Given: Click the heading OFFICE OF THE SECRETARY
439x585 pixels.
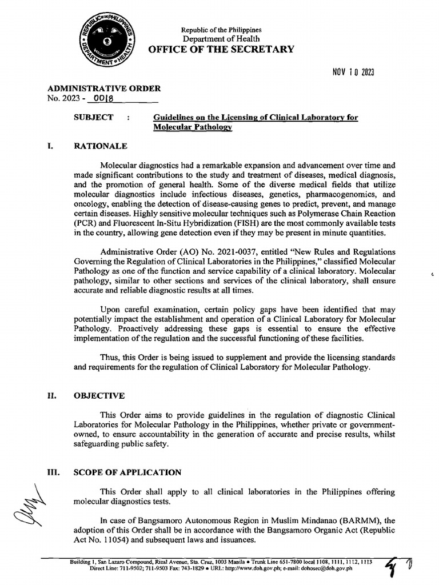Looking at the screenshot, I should [221, 49].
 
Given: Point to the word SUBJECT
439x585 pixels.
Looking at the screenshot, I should [93, 117].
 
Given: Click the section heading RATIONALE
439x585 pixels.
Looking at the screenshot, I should [101, 146].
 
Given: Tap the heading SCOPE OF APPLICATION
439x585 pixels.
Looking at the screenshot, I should [127, 472].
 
